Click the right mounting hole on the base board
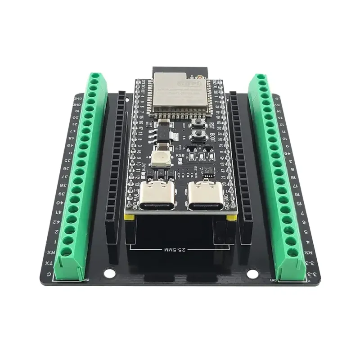pos(252,273)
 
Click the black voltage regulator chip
pos(162,130)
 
